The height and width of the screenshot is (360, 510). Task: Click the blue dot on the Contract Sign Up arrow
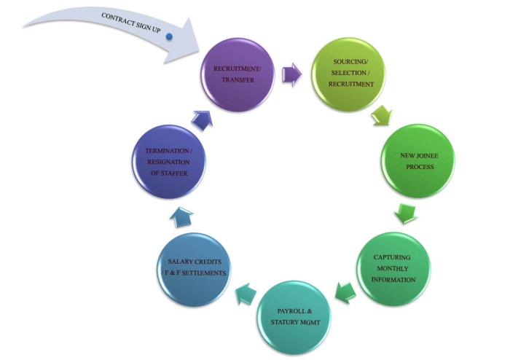[x=169, y=36]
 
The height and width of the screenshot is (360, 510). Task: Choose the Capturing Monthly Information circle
[x=394, y=267]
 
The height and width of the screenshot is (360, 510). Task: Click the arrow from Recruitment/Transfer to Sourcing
[x=291, y=72]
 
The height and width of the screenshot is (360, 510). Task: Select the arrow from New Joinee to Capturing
[x=404, y=213]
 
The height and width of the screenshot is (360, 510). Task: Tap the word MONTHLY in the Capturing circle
[x=394, y=267]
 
